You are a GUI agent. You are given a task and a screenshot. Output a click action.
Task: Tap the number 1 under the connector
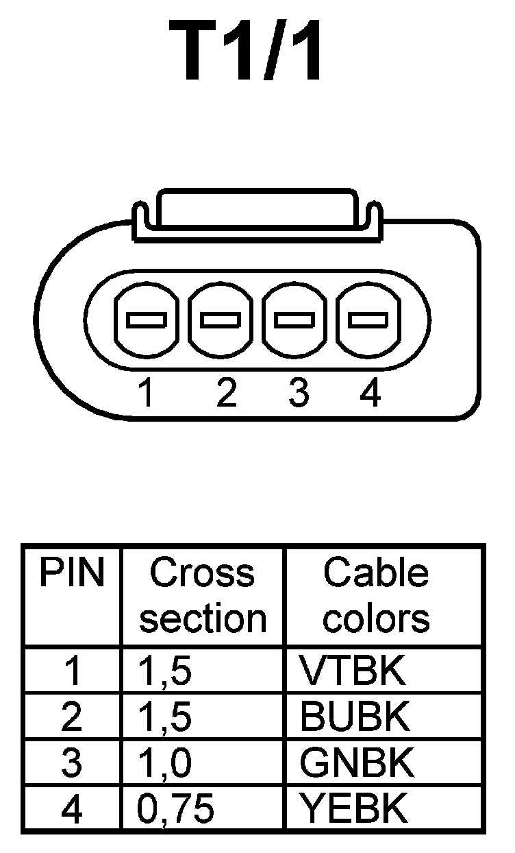145,393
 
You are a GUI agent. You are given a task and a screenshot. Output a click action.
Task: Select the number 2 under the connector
225,393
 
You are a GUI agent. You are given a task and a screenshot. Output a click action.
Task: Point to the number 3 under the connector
299,393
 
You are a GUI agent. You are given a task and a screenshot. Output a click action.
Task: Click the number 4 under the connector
370,393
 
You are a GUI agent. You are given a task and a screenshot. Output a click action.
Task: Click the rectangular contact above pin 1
146,320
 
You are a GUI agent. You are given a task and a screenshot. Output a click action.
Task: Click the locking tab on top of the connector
256,211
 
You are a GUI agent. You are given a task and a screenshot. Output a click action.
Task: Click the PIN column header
71,574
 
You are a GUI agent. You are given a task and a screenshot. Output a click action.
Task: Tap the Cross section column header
203,595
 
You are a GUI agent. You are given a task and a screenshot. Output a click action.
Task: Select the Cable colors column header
376,595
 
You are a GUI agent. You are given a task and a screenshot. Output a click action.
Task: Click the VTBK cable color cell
353,672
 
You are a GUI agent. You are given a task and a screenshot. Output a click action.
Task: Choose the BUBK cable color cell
355,717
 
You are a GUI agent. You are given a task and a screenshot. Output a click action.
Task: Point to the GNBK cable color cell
357,763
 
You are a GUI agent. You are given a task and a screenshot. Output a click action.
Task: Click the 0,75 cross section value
176,809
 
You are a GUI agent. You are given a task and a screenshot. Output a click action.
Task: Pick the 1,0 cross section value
164,763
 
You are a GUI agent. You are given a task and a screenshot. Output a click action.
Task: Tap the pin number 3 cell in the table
71,763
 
